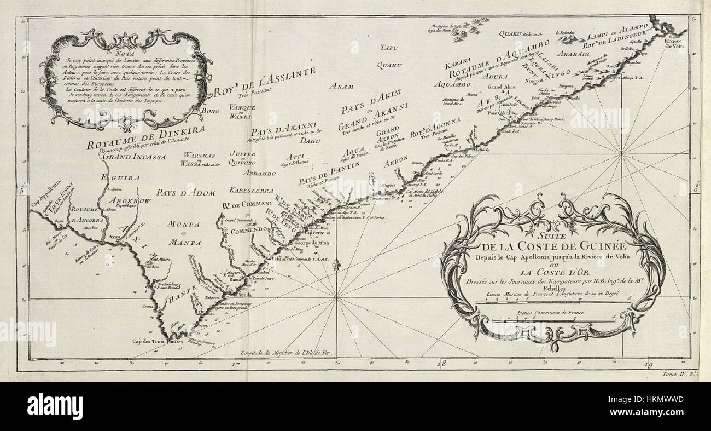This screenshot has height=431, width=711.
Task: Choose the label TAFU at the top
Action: pyautogui.click(x=387, y=47)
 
